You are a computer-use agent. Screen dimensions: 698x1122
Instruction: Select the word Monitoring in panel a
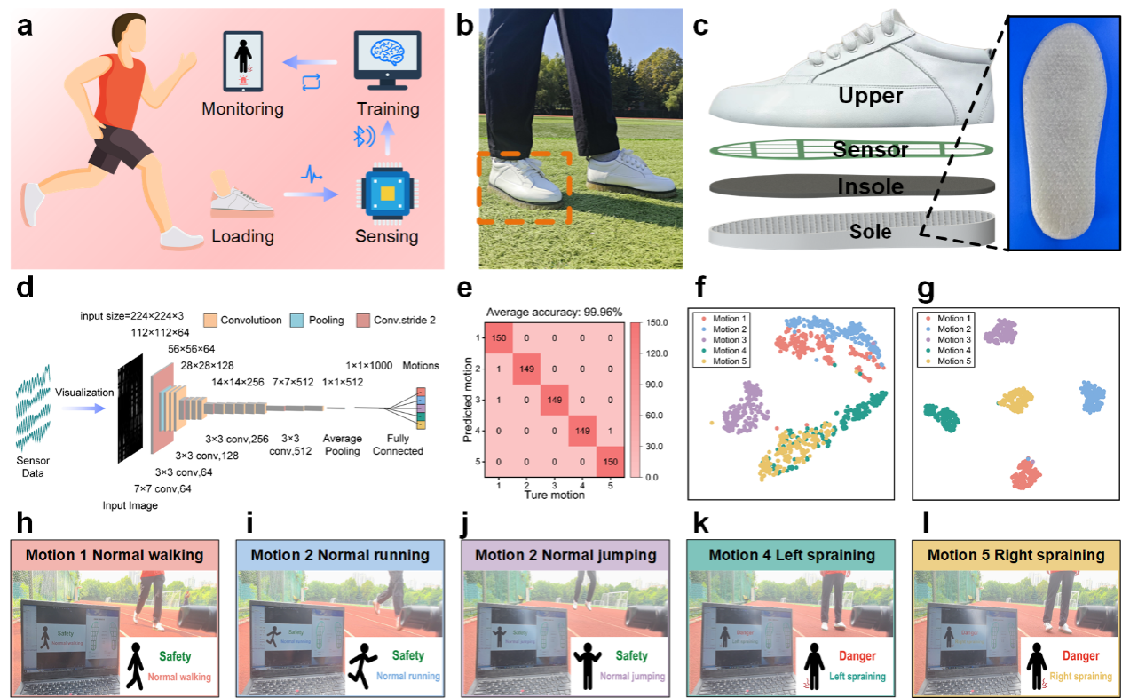(x=242, y=109)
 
